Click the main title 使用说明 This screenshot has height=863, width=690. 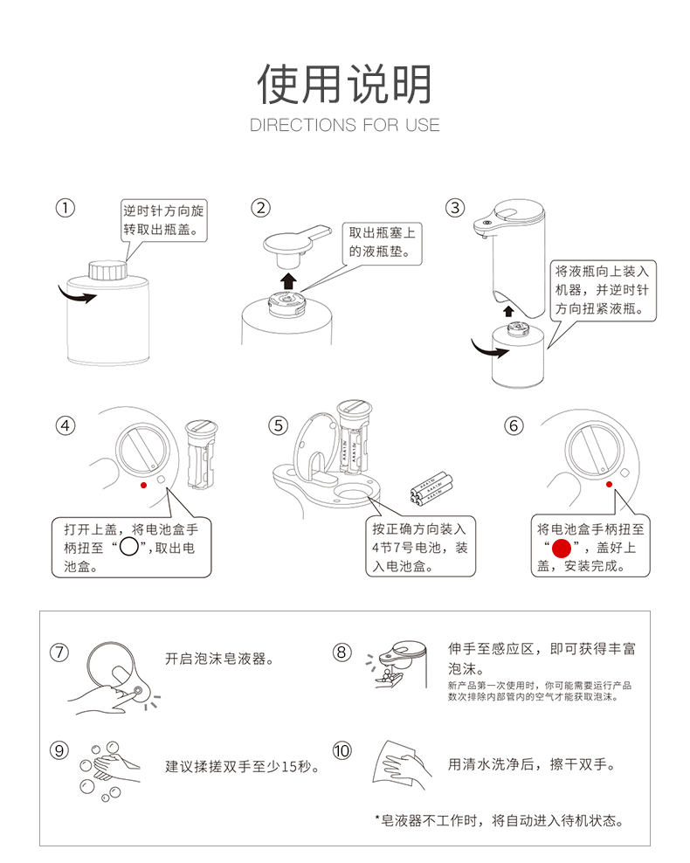coord(344,84)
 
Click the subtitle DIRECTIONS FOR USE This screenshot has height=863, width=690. coord(344,125)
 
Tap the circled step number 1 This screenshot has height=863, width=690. coord(65,208)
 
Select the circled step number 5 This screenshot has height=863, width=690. coord(278,425)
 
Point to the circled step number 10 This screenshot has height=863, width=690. coord(342,750)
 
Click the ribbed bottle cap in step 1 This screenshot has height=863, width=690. coord(107,270)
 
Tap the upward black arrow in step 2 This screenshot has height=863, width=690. coord(288,280)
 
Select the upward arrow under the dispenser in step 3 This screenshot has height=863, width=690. coord(508,311)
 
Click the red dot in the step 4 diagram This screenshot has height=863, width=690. coord(143,485)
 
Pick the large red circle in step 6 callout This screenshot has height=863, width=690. coord(562,549)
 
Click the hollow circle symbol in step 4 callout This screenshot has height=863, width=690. coord(128,547)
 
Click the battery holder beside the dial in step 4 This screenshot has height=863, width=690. coord(202,454)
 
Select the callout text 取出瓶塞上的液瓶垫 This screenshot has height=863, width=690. coord(382,242)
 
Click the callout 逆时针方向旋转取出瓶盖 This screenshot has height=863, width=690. coord(163,220)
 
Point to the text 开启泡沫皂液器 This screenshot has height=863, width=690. coord(219,659)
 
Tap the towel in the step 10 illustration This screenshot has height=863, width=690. coord(394,763)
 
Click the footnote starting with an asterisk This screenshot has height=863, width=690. coord(500,820)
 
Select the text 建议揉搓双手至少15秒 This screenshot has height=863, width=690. coord(243,766)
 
